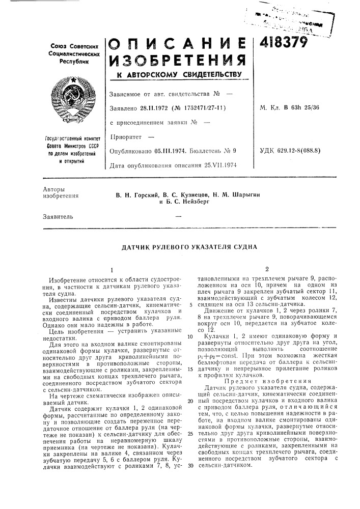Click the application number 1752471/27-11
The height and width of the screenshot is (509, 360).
(197, 108)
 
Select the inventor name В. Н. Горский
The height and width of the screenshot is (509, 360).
(133, 195)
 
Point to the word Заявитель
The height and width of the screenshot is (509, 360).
(58, 216)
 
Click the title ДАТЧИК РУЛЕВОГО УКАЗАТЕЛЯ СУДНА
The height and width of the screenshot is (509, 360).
(189, 247)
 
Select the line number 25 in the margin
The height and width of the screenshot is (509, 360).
(190, 419)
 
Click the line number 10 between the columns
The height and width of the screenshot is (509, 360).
(190, 336)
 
